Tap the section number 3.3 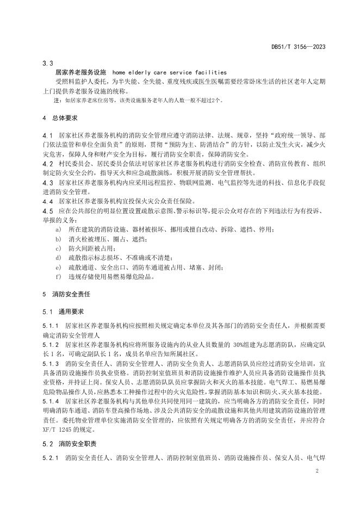tap(47, 63)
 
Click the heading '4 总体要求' tap(60, 117)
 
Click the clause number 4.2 tap(47, 163)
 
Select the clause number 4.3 tap(47, 183)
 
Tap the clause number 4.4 tap(47, 201)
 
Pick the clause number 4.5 tap(47, 210)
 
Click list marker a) tap(58, 229)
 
